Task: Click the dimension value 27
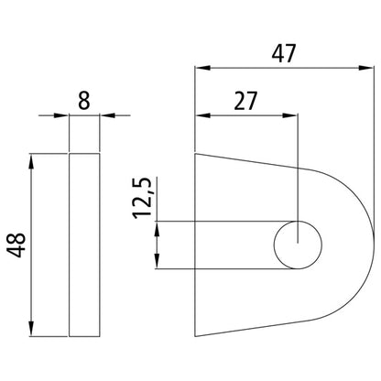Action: click(x=245, y=100)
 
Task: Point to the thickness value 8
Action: click(x=84, y=99)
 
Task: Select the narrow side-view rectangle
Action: click(x=84, y=245)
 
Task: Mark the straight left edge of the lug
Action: click(x=196, y=245)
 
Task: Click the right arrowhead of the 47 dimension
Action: click(x=366, y=67)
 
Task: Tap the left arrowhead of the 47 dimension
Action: click(x=202, y=67)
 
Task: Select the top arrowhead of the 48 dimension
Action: click(x=33, y=161)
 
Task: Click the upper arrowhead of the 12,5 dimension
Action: click(x=158, y=228)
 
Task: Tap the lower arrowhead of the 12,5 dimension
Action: click(x=158, y=262)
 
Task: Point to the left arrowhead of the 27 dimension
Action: click(x=202, y=115)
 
